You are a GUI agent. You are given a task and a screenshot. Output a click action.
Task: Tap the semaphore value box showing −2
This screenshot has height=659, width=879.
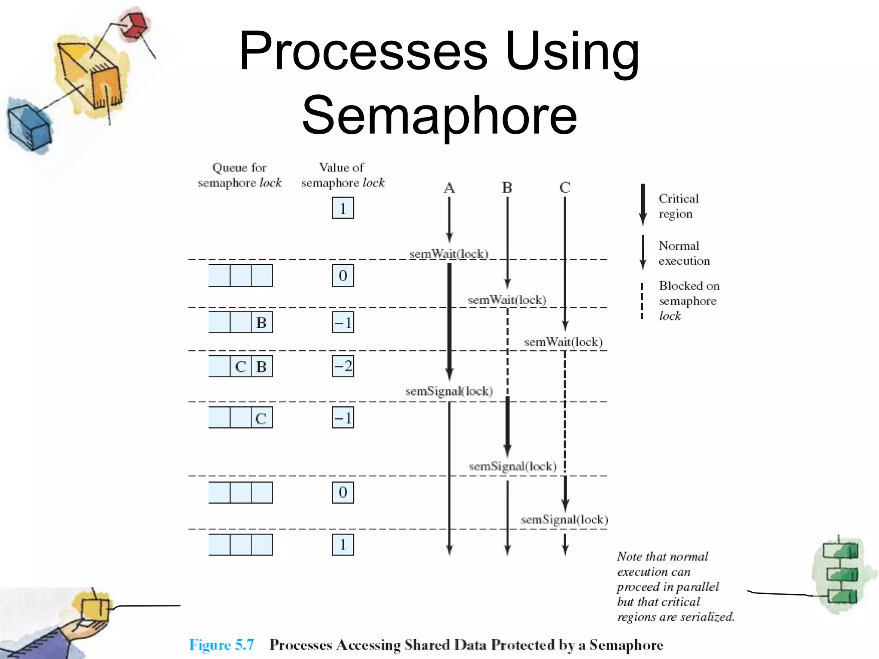click(x=343, y=366)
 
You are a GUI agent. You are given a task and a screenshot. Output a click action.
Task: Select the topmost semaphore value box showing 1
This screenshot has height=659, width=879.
click(x=343, y=208)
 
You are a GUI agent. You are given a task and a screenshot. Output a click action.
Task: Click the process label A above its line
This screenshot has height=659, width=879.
click(x=449, y=188)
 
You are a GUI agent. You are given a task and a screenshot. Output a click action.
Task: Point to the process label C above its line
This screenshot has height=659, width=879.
click(x=565, y=187)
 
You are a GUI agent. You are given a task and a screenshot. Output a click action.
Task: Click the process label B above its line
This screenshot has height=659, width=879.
click(x=507, y=188)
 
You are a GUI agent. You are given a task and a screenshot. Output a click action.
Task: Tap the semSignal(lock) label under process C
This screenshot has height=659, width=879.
click(x=564, y=520)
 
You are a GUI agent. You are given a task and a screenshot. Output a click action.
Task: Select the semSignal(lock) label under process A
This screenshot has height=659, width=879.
click(x=449, y=391)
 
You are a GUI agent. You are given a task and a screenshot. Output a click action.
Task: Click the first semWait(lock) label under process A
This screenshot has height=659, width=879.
click(x=449, y=254)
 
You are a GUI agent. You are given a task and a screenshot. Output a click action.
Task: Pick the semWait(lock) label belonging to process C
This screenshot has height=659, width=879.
click(x=563, y=342)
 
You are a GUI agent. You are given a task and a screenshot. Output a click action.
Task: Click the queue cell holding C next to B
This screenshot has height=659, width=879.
click(x=240, y=367)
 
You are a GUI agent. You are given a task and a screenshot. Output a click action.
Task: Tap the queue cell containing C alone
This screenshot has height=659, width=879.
click(x=261, y=418)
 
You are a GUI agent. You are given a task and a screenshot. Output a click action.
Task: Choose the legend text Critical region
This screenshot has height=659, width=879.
click(x=678, y=206)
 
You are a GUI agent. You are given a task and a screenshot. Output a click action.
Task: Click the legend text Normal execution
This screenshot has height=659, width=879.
click(x=684, y=254)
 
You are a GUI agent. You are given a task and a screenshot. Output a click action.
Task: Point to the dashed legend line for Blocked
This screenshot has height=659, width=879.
click(x=642, y=301)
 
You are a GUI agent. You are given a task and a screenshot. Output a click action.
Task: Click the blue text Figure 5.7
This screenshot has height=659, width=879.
click(x=221, y=645)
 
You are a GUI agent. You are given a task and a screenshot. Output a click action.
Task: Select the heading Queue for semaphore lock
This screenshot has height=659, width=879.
click(x=239, y=175)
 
